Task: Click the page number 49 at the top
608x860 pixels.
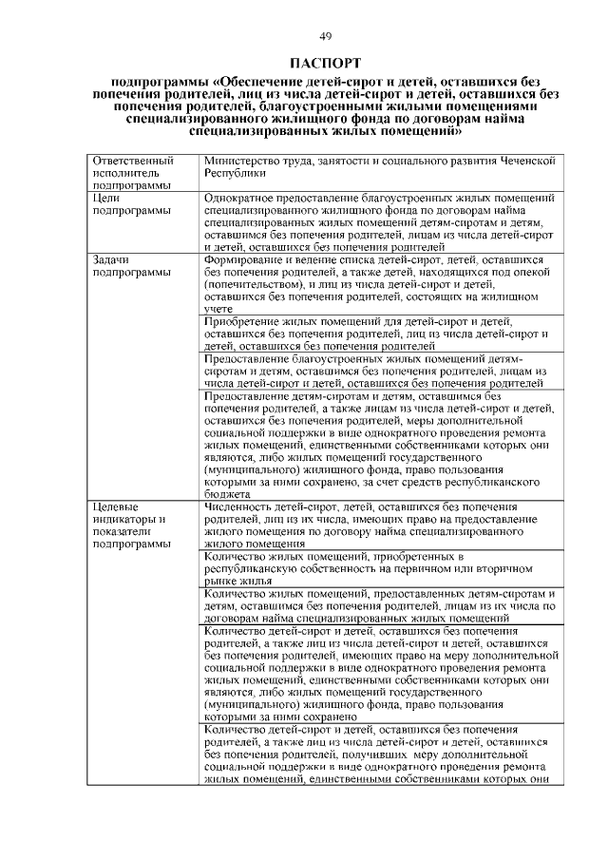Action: tap(325, 36)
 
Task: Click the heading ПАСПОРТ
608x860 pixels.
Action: tap(325, 64)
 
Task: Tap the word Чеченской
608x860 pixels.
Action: tap(526, 161)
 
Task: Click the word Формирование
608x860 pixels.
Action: tap(246, 259)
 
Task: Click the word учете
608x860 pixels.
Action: tap(218, 309)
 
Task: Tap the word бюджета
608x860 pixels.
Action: tap(226, 494)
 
